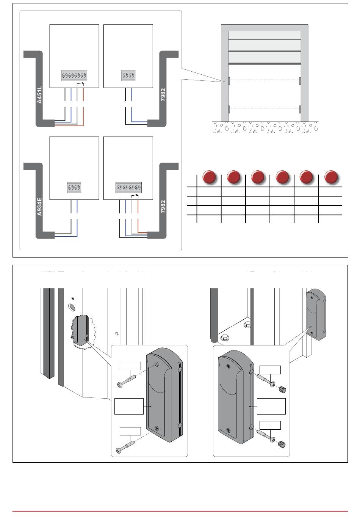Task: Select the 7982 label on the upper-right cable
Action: click(163, 95)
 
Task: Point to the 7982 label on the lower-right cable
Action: click(163, 207)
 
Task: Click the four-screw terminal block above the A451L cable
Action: click(74, 75)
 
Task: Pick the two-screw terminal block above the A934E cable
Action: click(74, 188)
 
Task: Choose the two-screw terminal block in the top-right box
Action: click(128, 75)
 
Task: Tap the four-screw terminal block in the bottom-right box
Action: click(128, 188)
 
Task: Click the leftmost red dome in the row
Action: click(210, 177)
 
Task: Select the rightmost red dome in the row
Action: click(331, 177)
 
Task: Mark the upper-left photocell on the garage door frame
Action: click(229, 81)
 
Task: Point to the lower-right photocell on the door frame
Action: click(300, 109)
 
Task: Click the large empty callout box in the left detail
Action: click(129, 406)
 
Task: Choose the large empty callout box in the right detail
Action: click(271, 406)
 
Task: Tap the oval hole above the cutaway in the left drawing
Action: click(71, 306)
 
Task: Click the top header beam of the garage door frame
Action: click(265, 28)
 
